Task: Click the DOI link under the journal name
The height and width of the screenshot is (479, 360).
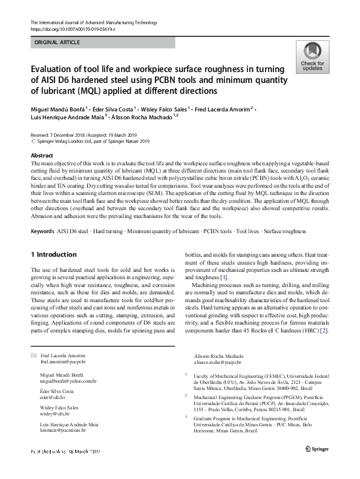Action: point(72,29)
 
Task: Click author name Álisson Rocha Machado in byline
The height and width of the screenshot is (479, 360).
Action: point(140,118)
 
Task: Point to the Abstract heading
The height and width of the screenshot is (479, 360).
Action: point(41,156)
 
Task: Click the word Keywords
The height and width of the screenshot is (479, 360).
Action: point(42,231)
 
